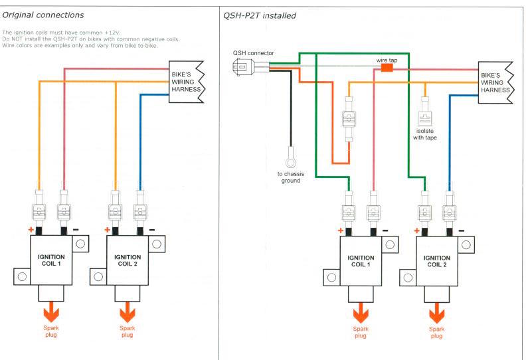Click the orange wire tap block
(387, 68)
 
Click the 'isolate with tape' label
(424, 134)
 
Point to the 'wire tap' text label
(387, 60)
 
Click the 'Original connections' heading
(43, 15)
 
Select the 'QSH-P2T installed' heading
(260, 16)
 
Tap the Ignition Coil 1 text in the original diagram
(51, 260)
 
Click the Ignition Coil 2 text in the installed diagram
(437, 261)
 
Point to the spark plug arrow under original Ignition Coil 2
(128, 312)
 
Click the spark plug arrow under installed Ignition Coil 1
(361, 313)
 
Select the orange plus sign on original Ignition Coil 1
(31, 230)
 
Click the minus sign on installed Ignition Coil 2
(462, 230)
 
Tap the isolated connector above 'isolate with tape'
(425, 112)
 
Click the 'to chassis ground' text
(291, 177)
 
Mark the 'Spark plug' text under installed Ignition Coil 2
(437, 332)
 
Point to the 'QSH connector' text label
(254, 53)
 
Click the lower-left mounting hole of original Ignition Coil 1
(22, 277)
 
